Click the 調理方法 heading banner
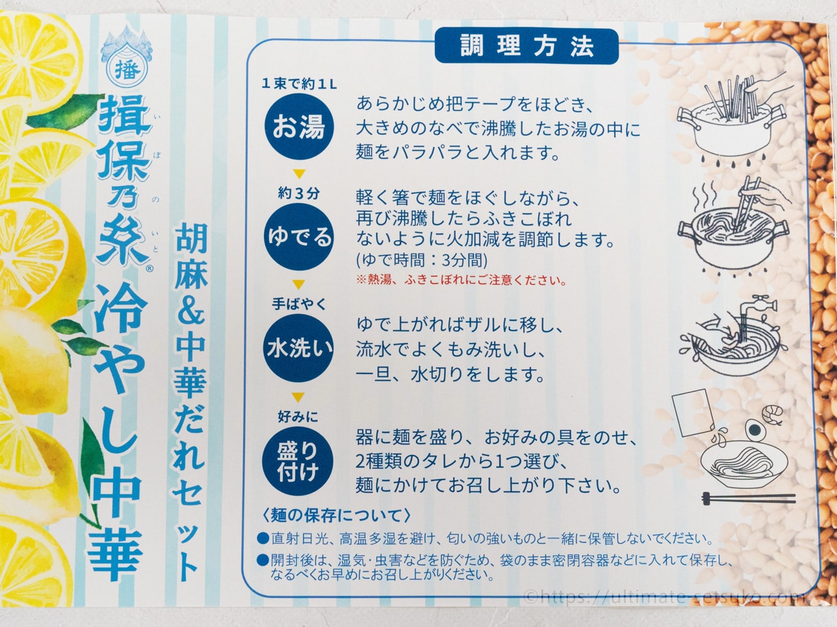526,46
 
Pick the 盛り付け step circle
298,461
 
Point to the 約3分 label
299,194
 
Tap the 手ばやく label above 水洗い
299,304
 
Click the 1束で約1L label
299,84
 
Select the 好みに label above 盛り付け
298,417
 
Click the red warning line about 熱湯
461,280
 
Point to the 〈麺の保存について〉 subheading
337,515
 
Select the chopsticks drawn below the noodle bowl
749,498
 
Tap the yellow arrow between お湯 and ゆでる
299,174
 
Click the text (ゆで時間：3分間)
422,261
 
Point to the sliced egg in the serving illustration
753,430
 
